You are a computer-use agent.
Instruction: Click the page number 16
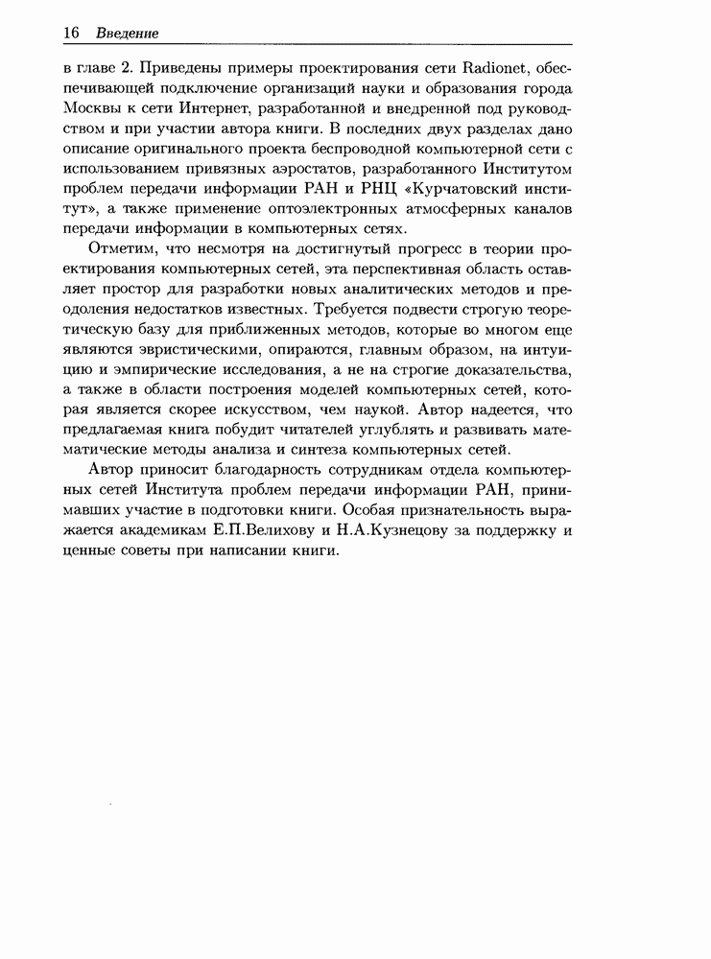(x=70, y=33)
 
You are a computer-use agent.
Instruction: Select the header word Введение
(x=127, y=33)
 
